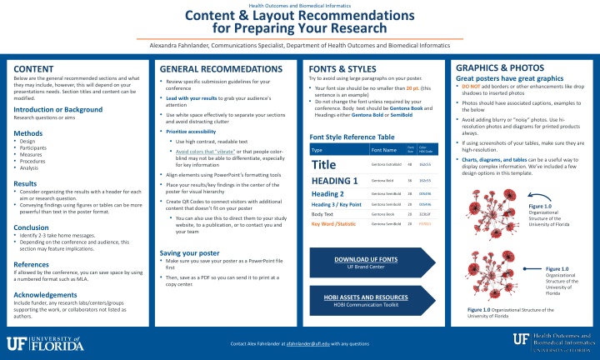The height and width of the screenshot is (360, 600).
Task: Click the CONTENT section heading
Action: pyautogui.click(x=33, y=68)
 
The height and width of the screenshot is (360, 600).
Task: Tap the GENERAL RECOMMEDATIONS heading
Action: pyautogui.click(x=219, y=68)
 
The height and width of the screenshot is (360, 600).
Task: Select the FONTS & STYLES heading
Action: pyautogui.click(x=342, y=68)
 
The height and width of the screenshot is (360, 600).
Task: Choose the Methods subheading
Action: pyautogui.click(x=28, y=133)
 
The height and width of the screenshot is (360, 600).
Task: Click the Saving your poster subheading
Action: pyautogui.click(x=191, y=252)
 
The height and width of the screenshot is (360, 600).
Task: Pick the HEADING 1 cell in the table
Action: pyautogui.click(x=334, y=180)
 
